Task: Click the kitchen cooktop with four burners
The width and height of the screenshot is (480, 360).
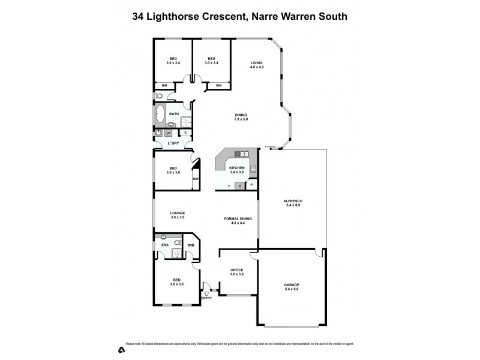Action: (253, 170)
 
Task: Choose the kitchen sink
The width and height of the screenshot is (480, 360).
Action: (241, 154)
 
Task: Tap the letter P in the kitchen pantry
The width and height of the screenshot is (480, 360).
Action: (251, 185)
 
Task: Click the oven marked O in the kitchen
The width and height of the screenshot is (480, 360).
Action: (240, 185)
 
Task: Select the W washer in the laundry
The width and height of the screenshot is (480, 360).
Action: (169, 133)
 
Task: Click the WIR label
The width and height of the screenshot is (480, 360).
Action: (191, 245)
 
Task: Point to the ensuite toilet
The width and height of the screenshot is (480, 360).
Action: (178, 243)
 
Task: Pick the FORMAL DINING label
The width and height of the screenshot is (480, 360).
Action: (238, 221)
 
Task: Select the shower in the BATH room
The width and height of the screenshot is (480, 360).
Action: (185, 121)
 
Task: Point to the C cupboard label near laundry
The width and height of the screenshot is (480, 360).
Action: (185, 133)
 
